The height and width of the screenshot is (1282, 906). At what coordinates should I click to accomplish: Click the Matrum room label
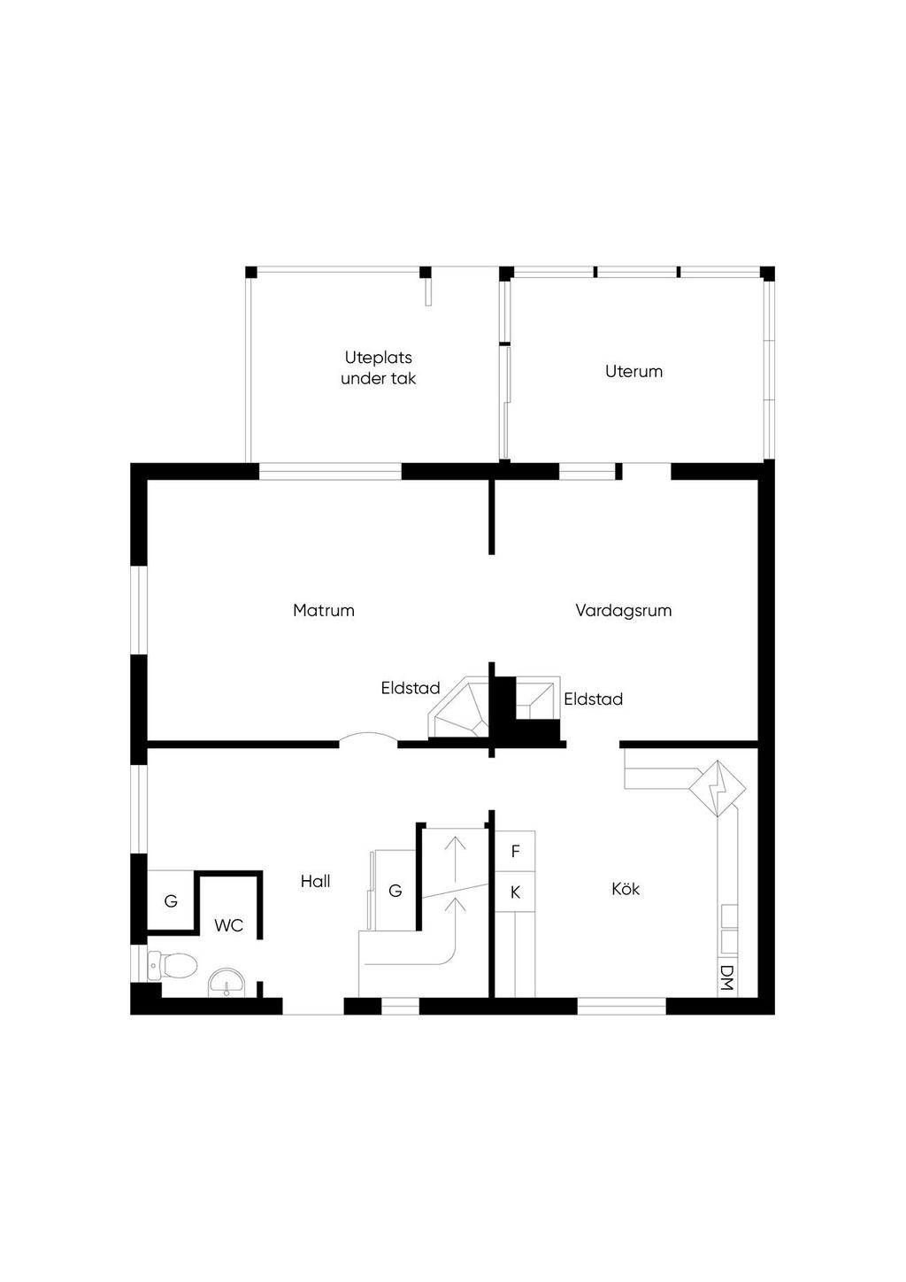click(324, 610)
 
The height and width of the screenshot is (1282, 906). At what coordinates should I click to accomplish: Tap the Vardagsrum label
click(624, 611)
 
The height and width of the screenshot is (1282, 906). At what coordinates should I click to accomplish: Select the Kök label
click(626, 889)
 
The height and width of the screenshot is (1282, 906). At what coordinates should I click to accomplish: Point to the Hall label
click(316, 882)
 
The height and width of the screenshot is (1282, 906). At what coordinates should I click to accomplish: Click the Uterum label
click(633, 372)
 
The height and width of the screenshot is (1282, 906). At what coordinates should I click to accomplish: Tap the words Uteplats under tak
click(378, 368)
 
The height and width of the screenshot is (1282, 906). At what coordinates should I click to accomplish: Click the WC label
click(229, 925)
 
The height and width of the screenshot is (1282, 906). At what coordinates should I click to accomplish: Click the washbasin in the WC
click(227, 982)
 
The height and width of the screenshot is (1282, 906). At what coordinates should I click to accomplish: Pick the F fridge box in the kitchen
click(515, 851)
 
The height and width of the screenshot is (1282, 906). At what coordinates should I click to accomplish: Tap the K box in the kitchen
click(515, 892)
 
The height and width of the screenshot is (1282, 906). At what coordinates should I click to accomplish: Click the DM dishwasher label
click(727, 977)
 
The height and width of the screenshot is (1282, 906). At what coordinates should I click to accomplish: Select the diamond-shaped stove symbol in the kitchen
click(718, 789)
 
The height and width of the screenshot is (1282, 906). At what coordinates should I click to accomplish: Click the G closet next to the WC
click(171, 900)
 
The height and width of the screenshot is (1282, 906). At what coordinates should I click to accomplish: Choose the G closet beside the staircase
click(395, 890)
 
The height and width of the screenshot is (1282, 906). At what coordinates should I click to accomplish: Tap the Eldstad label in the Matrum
click(411, 688)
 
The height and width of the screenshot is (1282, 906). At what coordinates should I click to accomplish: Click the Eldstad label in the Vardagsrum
click(593, 699)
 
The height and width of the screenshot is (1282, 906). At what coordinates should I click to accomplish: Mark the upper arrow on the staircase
click(456, 859)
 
